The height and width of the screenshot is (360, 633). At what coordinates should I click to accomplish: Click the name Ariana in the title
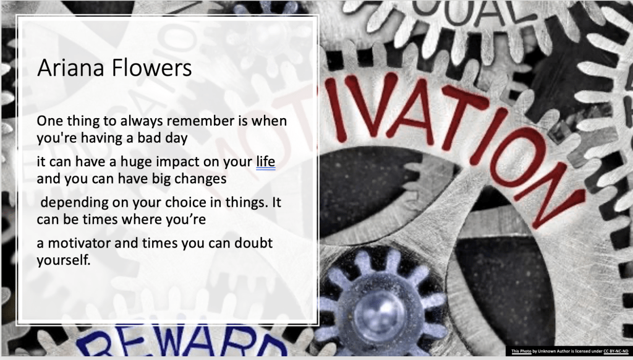71,67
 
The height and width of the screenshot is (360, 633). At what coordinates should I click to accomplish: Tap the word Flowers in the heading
151,67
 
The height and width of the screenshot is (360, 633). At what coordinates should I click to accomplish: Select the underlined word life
266,161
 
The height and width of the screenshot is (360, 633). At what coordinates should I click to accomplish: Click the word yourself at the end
64,260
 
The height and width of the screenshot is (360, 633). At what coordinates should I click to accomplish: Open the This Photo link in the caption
521,351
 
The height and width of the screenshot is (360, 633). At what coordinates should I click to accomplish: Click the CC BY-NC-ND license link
616,351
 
